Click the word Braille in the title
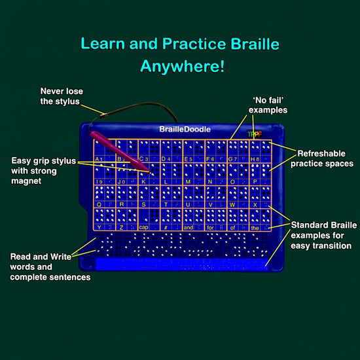[x=252, y=45]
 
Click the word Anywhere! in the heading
[x=182, y=66]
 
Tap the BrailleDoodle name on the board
[x=180, y=130]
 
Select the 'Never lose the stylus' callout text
[x=62, y=96]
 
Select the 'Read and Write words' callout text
[x=50, y=267]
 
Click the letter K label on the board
[x=143, y=181]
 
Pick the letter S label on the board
[x=143, y=204]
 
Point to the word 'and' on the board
[x=189, y=227]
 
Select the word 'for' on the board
[x=211, y=227]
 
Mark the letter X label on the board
[x=254, y=204]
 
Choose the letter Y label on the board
[x=99, y=227]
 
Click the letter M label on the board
[x=188, y=181]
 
